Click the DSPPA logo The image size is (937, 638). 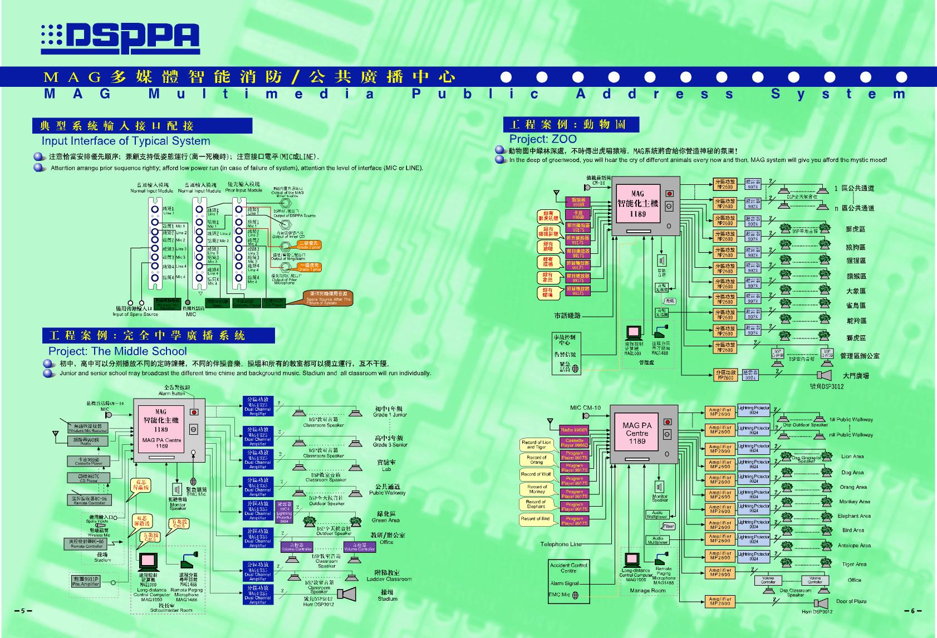point(120,39)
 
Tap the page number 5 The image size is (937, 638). point(23,611)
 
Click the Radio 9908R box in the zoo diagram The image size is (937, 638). point(573,430)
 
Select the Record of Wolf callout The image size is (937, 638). point(536,474)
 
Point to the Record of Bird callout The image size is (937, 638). point(535,519)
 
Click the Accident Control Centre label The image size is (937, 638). point(568,568)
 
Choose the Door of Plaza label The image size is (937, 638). point(851,601)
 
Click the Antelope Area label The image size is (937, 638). point(854,546)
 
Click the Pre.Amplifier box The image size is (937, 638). point(86,581)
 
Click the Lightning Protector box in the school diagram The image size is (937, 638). point(284,513)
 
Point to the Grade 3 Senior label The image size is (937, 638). point(390,441)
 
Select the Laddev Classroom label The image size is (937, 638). point(389,576)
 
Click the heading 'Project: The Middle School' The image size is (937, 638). point(117,351)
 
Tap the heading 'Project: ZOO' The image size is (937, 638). point(543,139)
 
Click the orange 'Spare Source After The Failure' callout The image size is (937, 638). point(328,298)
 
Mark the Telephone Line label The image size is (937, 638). point(561,544)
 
